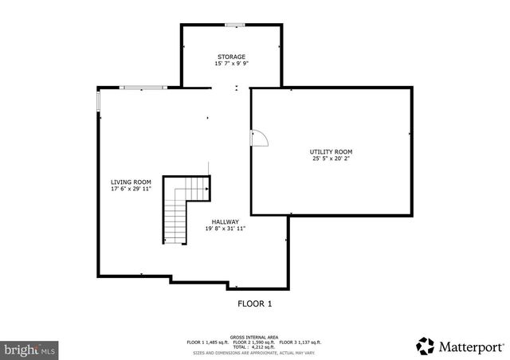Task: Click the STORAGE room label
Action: pyautogui.click(x=231, y=57)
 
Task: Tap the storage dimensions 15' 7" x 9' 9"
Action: pyautogui.click(x=231, y=64)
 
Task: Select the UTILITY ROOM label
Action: pyautogui.click(x=331, y=151)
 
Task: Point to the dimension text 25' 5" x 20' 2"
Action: pyautogui.click(x=331, y=158)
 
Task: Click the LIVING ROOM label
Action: pyautogui.click(x=131, y=182)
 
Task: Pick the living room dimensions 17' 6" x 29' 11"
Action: pyautogui.click(x=131, y=189)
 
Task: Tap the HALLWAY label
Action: pyautogui.click(x=226, y=221)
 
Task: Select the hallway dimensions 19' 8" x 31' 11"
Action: pyautogui.click(x=226, y=229)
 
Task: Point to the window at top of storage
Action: pyautogui.click(x=235, y=25)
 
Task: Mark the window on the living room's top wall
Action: pyautogui.click(x=143, y=87)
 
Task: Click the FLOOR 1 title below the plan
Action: pyautogui.click(x=255, y=303)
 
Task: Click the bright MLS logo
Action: pyautogui.click(x=30, y=349)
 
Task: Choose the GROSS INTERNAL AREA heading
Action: pyautogui.click(x=255, y=337)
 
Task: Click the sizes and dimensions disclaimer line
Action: pyautogui.click(x=255, y=351)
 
